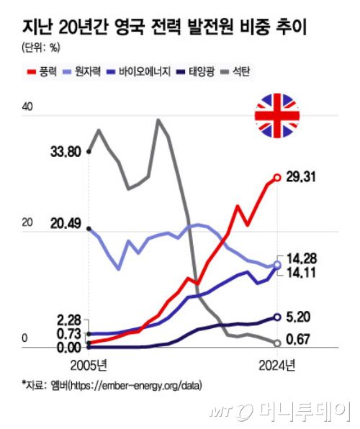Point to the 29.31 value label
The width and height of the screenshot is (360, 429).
pos(302,177)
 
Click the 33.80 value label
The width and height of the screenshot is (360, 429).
pos(66,152)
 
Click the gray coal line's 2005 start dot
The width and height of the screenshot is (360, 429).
pos(89,151)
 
